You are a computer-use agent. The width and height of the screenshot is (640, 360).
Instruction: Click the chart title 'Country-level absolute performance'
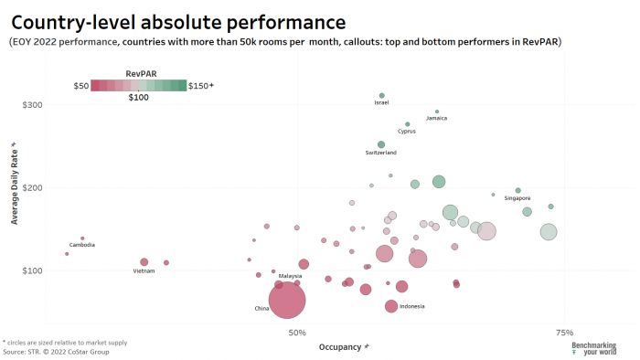[x=178, y=21]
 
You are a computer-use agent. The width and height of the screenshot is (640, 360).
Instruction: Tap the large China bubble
[x=287, y=300]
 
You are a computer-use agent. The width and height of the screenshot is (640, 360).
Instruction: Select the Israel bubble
[x=382, y=96]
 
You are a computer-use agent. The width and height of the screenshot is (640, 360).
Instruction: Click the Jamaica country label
[x=437, y=118]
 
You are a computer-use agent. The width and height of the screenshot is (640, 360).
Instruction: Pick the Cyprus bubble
[x=408, y=124]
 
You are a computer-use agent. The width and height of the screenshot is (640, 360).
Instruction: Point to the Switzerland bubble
[x=381, y=144]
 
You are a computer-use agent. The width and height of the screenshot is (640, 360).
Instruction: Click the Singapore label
[x=517, y=198]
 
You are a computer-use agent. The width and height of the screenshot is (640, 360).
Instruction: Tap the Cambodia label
[x=82, y=245]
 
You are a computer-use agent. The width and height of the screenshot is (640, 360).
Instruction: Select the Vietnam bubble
[x=144, y=262]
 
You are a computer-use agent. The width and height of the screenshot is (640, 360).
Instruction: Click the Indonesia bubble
[x=391, y=306]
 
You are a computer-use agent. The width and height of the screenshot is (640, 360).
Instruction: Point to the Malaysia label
[x=290, y=275]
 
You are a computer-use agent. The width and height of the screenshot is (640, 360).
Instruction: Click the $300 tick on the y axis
[x=32, y=105]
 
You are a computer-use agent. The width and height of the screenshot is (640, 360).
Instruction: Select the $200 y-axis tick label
[x=32, y=187]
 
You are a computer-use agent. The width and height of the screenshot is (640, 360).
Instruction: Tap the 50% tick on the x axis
[x=297, y=332]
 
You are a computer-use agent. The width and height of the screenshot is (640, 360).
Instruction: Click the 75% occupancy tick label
[x=564, y=332]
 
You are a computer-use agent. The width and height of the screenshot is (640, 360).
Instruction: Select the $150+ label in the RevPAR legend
[x=200, y=85]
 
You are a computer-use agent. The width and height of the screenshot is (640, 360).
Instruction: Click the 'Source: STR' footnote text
[x=56, y=351]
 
